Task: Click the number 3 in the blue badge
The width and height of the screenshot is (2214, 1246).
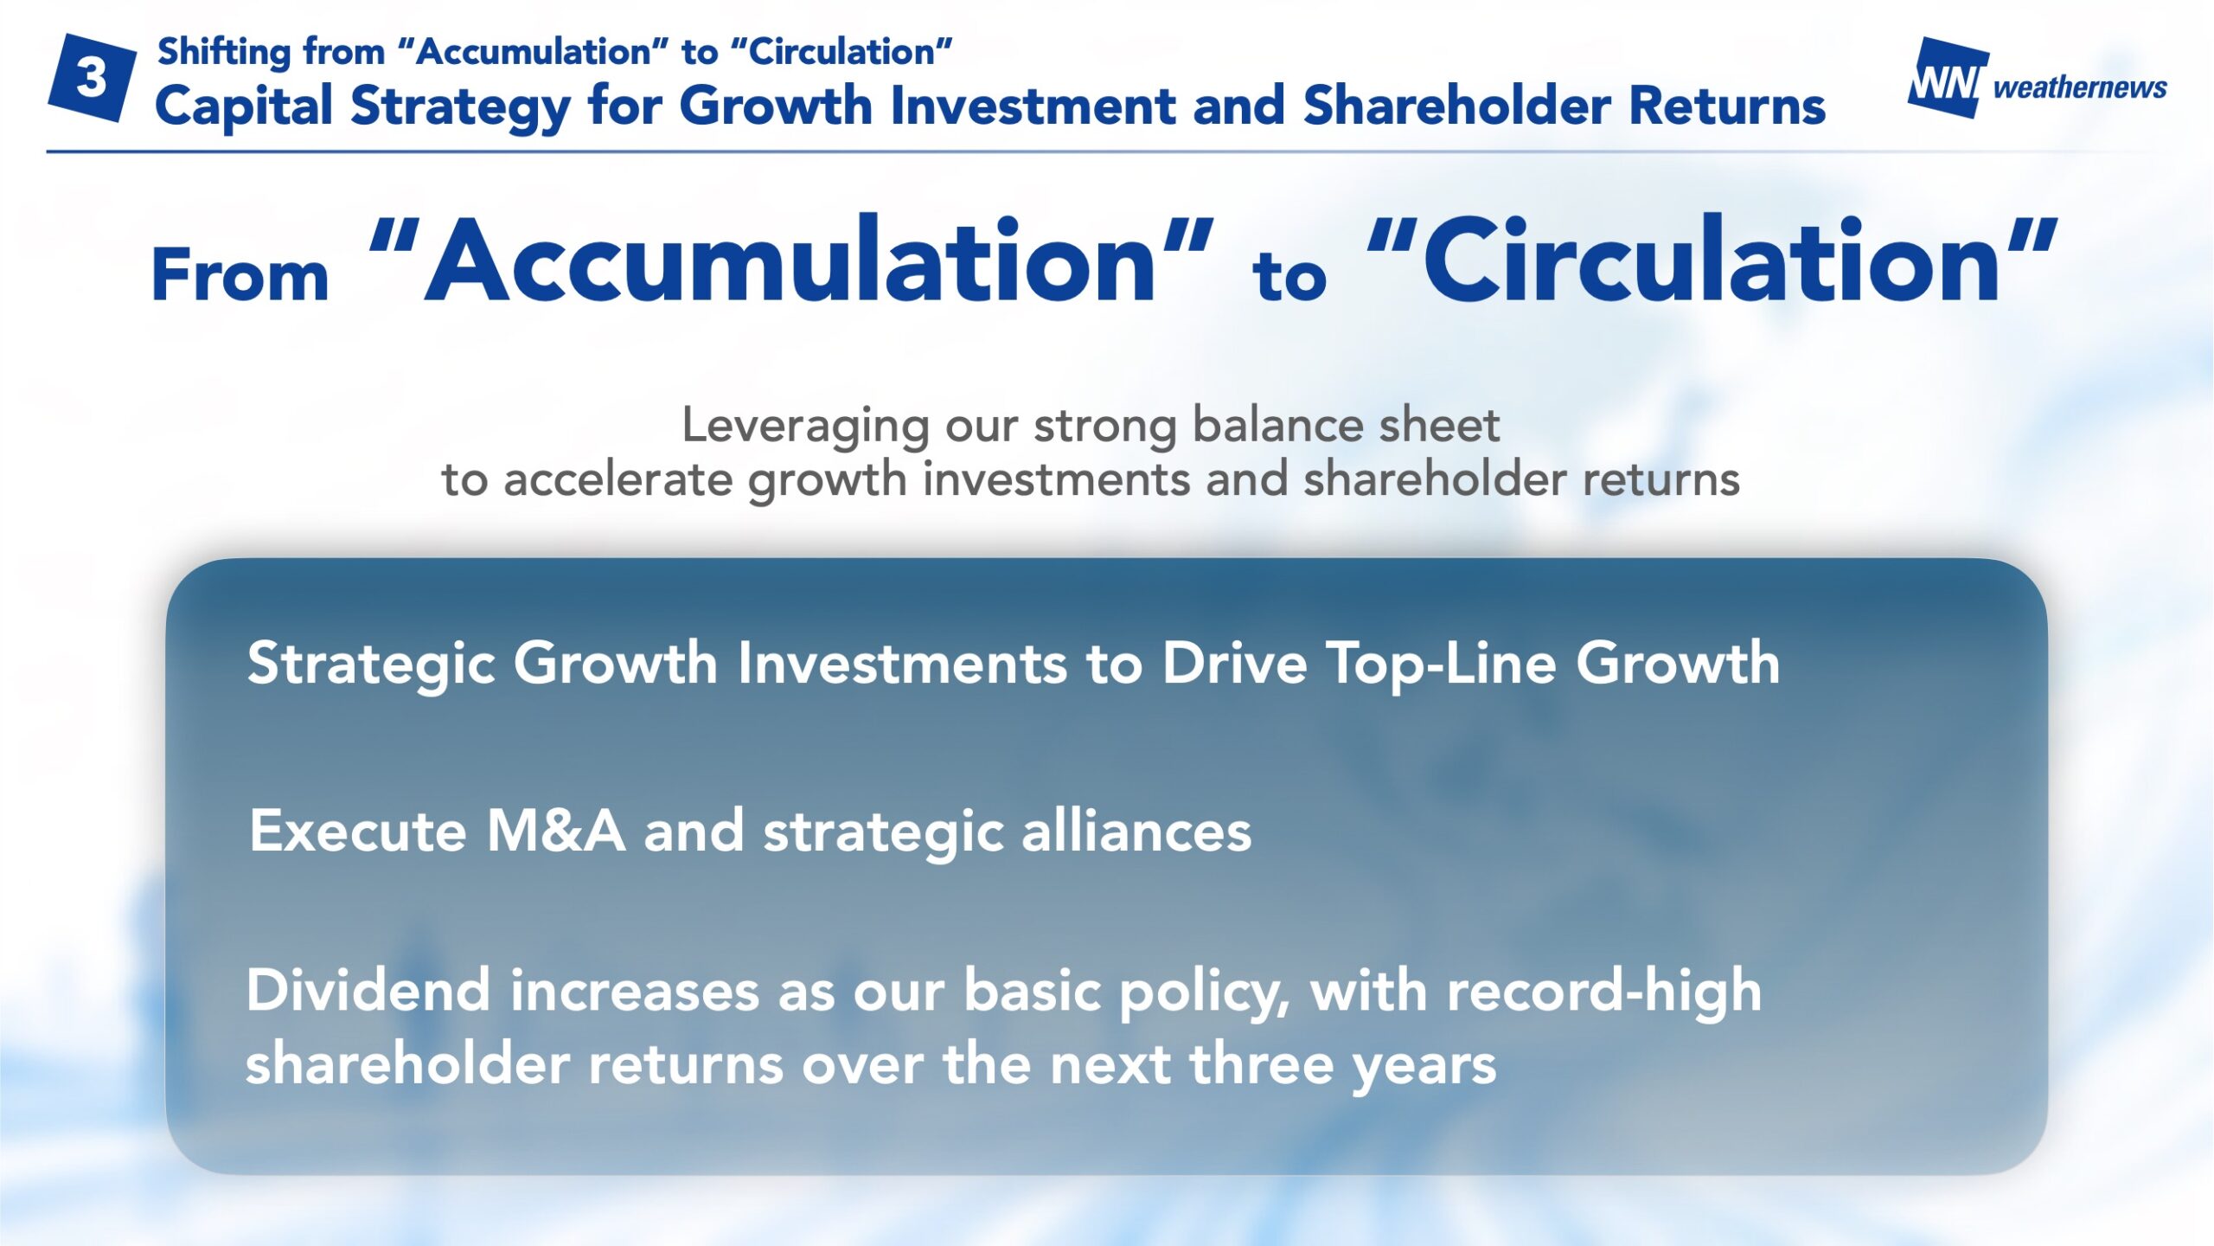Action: click(91, 78)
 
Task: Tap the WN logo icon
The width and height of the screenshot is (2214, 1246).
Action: click(1948, 78)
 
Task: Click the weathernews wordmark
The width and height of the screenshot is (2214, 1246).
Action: click(2080, 87)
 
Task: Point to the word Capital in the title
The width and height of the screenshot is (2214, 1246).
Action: click(244, 107)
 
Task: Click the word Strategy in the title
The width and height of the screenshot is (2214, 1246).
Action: click(460, 107)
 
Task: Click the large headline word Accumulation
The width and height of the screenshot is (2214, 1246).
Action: click(790, 260)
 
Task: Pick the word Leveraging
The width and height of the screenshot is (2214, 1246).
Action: click(805, 427)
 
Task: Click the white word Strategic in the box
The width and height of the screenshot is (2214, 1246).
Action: click(371, 665)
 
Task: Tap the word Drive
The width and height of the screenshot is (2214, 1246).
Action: click(1234, 663)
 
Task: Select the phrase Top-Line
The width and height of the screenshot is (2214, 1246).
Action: click(1441, 665)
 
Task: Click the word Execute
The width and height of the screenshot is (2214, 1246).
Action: click(358, 831)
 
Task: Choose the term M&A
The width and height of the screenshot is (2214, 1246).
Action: click(556, 831)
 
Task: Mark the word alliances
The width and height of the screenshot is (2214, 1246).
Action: click(1136, 831)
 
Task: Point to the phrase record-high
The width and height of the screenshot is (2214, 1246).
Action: click(1604, 992)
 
